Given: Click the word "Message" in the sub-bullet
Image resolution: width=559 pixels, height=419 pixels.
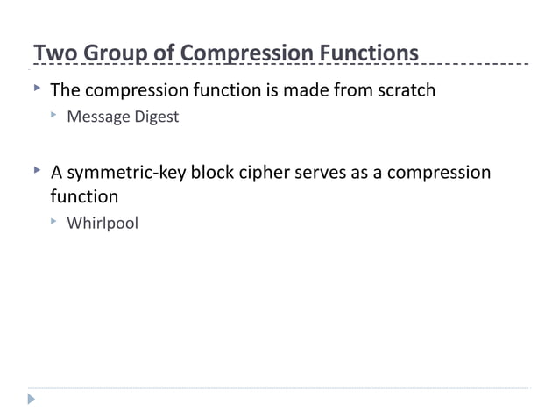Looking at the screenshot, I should pyautogui.click(x=99, y=117).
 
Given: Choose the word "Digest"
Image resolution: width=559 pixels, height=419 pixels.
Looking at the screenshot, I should pyautogui.click(x=157, y=117).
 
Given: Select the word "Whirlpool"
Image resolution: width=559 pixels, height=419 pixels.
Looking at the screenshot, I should pyautogui.click(x=103, y=223).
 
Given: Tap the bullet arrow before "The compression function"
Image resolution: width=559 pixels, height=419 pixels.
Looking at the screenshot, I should pyautogui.click(x=36, y=89).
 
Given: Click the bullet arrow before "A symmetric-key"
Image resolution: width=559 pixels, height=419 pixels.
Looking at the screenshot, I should pyautogui.click(x=36, y=171).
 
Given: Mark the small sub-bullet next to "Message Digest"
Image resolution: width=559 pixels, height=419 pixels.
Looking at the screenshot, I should pyautogui.click(x=54, y=116).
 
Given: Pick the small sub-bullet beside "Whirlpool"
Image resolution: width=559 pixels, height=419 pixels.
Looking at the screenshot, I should pyautogui.click(x=54, y=222).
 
